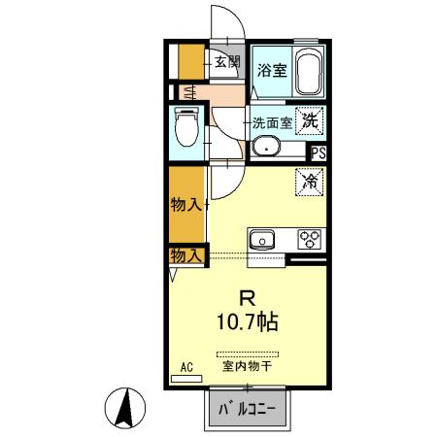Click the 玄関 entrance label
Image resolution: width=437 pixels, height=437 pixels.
pos(226,62)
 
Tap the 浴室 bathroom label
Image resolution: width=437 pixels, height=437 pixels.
pos(271,70)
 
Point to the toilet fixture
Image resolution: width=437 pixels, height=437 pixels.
pos(184,126)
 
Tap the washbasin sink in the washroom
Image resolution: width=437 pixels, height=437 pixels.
pos(265,148)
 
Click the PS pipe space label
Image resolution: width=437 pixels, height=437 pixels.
pos(318,151)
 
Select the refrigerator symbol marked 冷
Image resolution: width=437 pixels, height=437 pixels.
pos(310,181)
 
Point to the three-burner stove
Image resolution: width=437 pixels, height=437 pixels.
pos(310,239)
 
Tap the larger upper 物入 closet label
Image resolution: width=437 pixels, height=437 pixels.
pos(185,205)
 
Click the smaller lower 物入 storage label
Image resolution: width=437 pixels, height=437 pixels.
pos(185,255)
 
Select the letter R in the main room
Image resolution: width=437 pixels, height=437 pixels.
pos(248,298)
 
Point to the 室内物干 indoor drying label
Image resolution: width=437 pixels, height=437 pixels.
pos(248,366)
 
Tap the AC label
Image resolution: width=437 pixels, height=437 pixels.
pos(187,367)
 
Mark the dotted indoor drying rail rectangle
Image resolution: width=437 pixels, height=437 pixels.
pos(248,353)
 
